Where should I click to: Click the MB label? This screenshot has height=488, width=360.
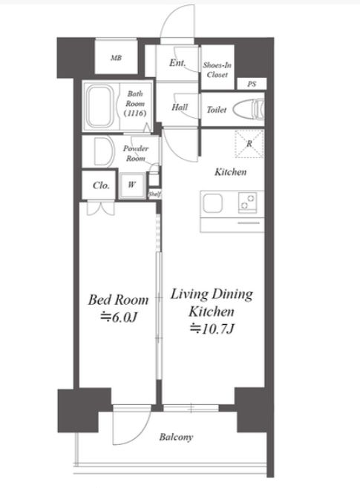pyautogui.click(x=116, y=58)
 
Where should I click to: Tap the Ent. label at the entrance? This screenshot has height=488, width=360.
pyautogui.click(x=177, y=63)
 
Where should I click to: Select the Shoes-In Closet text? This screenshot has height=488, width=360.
pyautogui.click(x=217, y=70)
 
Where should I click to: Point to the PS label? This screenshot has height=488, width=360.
pyautogui.click(x=252, y=84)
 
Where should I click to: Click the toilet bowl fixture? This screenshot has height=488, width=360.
pyautogui.click(x=249, y=110)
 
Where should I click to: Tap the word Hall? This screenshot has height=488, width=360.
pyautogui.click(x=180, y=108)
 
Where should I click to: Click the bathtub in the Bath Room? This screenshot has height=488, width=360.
pyautogui.click(x=99, y=106)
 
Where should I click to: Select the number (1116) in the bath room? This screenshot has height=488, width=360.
pyautogui.click(x=135, y=113)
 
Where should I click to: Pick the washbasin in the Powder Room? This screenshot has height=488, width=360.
pyautogui.click(x=102, y=151)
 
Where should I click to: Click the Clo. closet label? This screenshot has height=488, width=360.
pyautogui.click(x=101, y=185)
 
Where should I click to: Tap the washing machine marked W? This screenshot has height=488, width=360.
pyautogui.click(x=131, y=185)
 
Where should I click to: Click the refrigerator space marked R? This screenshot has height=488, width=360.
pyautogui.click(x=249, y=144)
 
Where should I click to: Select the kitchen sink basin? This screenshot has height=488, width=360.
pyautogui.click(x=213, y=203)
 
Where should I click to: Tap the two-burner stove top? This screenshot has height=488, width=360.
pyautogui.click(x=248, y=202)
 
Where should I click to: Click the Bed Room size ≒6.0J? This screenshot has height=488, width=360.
pyautogui.click(x=118, y=317)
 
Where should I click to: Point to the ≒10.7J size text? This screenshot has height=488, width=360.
pyautogui.click(x=212, y=329)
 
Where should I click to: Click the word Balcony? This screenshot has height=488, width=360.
pyautogui.click(x=176, y=438)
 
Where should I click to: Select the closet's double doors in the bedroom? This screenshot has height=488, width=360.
pyautogui.click(x=100, y=208)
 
